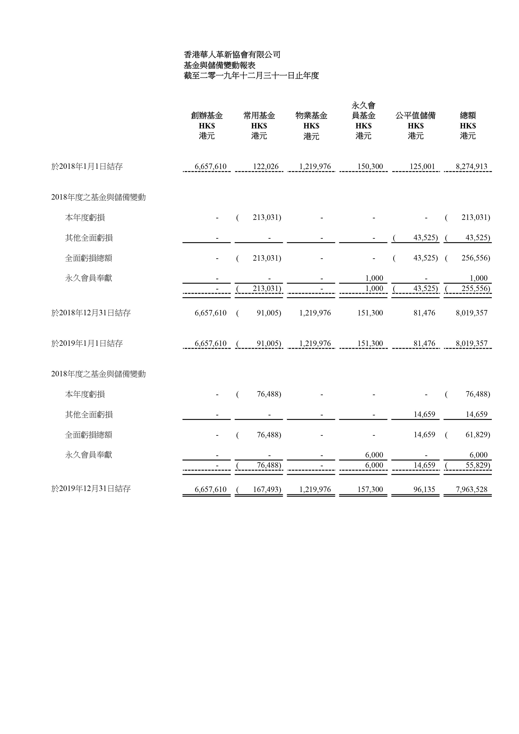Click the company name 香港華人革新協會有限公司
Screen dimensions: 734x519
(x=232, y=55)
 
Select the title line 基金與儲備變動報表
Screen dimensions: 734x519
(x=219, y=65)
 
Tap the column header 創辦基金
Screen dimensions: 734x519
(x=207, y=115)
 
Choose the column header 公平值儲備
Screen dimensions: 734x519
(x=415, y=115)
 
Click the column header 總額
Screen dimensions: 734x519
(x=468, y=115)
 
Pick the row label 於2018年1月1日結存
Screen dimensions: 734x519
(x=87, y=167)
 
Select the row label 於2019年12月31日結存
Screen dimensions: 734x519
(x=91, y=489)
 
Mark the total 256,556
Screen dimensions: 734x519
(x=475, y=258)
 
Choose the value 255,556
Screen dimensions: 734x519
(x=475, y=288)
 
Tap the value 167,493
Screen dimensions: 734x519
(x=267, y=489)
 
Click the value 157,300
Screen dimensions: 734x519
(x=370, y=489)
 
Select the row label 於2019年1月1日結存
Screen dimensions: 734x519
(x=87, y=344)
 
